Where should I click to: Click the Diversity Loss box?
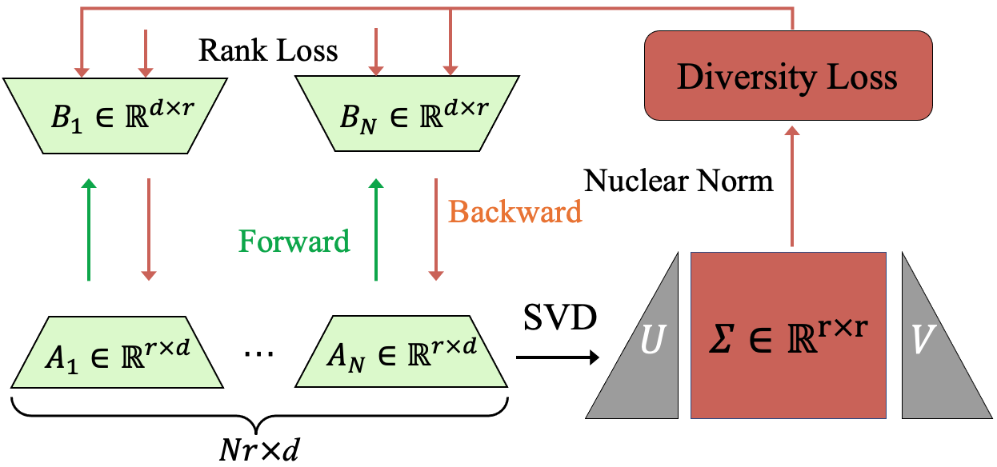[788, 78]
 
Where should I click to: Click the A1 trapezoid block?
[110, 352]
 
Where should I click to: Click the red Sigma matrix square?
[788, 335]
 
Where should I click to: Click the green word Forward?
[294, 241]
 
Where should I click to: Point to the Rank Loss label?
[268, 51]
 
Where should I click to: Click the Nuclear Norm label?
[679, 182]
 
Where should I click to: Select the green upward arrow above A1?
[89, 230]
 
